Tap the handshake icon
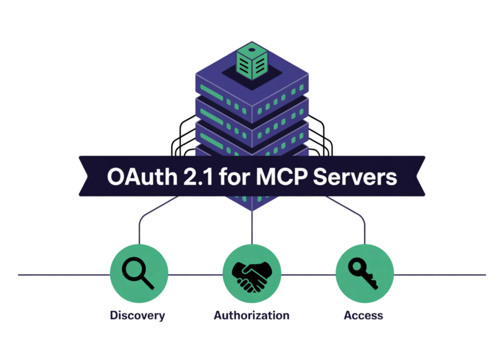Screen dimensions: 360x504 click(x=252, y=275)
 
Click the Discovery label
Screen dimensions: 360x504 click(x=137, y=315)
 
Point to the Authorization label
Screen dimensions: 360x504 click(x=252, y=315)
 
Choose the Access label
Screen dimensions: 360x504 click(x=363, y=315)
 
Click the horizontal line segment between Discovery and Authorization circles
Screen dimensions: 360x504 click(x=195, y=275)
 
